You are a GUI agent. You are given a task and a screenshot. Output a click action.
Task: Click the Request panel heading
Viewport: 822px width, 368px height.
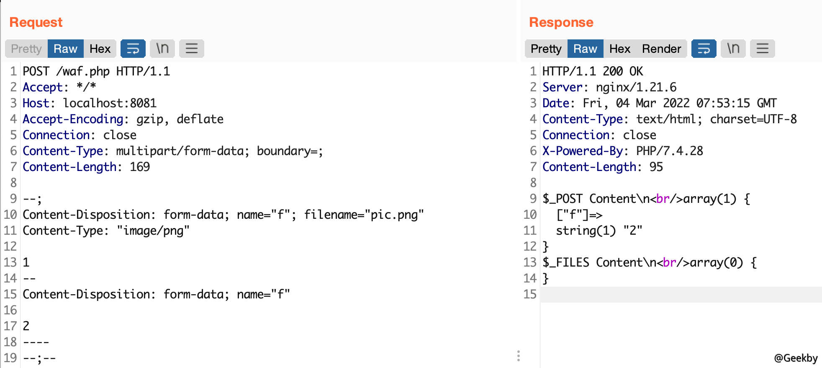coord(36,22)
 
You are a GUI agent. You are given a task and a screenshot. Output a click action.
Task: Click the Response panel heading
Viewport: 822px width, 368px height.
coord(561,22)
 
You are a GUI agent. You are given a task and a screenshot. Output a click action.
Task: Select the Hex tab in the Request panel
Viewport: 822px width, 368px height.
coord(100,49)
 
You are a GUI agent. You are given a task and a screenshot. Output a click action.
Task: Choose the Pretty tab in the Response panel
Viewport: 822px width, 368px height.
coord(546,49)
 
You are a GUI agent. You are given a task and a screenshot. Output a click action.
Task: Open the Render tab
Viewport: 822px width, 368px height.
coord(661,49)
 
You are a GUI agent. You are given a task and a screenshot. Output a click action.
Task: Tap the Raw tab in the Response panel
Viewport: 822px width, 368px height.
coord(585,49)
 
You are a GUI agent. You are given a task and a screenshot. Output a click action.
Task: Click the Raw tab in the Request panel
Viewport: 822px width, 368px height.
coord(65,49)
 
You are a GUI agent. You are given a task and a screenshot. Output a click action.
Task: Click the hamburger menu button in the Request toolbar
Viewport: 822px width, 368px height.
coord(192,49)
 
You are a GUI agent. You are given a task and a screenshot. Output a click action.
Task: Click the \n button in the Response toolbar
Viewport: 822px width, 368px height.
coord(733,49)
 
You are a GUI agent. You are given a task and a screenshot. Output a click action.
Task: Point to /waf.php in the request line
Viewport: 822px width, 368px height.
coord(83,71)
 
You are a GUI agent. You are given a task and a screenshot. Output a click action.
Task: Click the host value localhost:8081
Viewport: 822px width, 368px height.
coord(110,103)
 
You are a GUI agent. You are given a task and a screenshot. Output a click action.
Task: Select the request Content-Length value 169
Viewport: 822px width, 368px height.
coord(140,167)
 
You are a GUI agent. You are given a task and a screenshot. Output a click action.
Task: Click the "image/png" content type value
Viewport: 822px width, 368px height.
coord(153,231)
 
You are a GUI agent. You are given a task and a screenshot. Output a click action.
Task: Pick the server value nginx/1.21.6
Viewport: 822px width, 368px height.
coord(636,87)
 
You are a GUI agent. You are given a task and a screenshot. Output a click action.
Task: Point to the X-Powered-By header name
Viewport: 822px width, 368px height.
coord(583,151)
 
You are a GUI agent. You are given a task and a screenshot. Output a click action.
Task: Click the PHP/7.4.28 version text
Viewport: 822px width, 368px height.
coord(670,151)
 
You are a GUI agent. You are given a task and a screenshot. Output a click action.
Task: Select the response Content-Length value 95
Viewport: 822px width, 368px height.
coord(656,167)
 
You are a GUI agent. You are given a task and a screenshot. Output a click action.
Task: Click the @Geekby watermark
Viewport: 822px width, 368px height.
coord(796,358)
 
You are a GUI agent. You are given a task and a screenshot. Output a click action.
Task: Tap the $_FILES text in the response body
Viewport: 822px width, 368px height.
coord(566,262)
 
